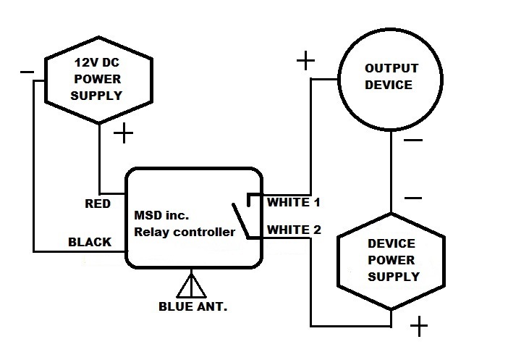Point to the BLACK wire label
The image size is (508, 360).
[x=90, y=242]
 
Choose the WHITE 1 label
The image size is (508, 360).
[x=294, y=201]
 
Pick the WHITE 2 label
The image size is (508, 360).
[x=294, y=230]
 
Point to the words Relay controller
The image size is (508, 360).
[x=184, y=233]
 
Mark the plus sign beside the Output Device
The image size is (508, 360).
[x=305, y=61]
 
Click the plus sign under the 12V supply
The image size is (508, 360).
[x=124, y=133]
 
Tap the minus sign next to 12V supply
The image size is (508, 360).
[x=27, y=72]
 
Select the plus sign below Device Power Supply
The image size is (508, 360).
[x=418, y=328]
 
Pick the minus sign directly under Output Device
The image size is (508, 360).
[x=412, y=140]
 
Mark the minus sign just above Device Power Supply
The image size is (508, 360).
[x=412, y=196]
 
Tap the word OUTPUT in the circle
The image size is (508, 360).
[x=391, y=68]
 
